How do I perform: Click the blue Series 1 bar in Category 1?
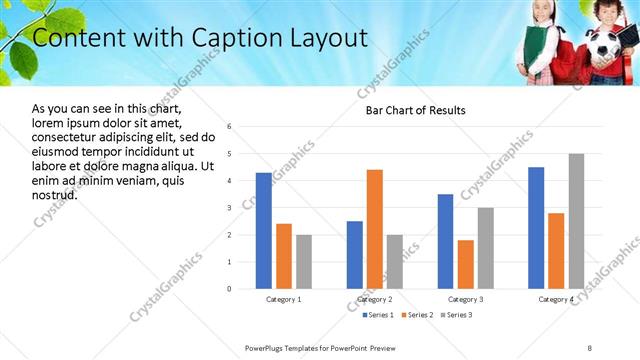pos(263,231)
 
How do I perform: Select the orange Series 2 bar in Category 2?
pos(375,229)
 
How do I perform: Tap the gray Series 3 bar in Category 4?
pos(576,221)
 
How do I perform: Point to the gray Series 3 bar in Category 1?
pos(303,262)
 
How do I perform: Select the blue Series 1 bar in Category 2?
pos(355,255)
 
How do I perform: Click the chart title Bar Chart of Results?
pos(409,110)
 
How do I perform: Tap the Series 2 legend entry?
pos(416,315)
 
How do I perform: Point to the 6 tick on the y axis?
pos(230,127)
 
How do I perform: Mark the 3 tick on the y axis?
pos(230,208)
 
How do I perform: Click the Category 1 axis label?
pos(284,299)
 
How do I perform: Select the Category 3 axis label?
pos(466,299)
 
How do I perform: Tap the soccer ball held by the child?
pos(603,46)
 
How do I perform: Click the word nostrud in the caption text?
pos(55,194)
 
